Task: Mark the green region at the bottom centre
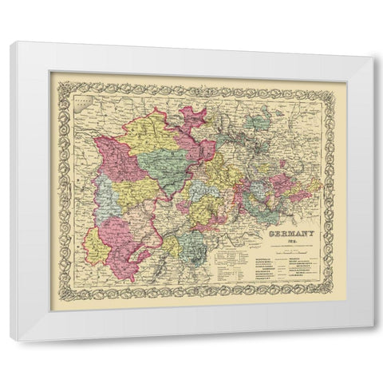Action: [191, 243]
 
